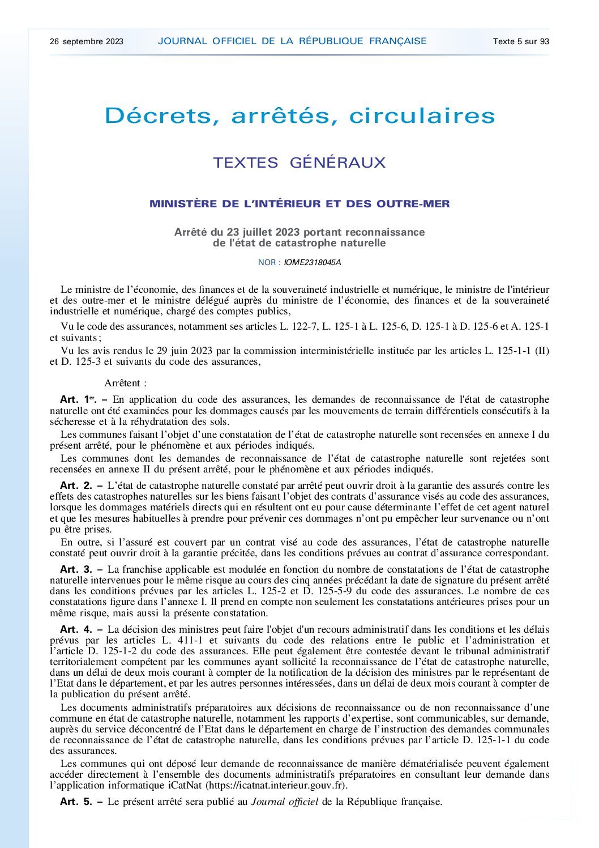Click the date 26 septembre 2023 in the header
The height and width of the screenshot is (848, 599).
[x=87, y=41]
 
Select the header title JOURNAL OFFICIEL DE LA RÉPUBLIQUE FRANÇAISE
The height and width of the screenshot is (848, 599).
[x=292, y=41]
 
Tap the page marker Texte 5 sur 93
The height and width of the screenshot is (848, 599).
[x=521, y=41]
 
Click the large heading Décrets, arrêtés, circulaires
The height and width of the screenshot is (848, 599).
[x=300, y=116]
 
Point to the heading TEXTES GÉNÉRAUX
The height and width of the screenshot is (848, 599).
[x=299, y=163]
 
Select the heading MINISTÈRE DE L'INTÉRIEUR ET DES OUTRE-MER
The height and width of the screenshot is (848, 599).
[x=299, y=204]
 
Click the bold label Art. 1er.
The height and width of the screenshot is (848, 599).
[x=78, y=399]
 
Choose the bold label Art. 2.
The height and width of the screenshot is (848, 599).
[x=76, y=485]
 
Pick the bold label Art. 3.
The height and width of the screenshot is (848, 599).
[x=76, y=569]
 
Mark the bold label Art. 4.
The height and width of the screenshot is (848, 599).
[x=76, y=629]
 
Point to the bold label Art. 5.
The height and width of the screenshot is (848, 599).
[x=76, y=802]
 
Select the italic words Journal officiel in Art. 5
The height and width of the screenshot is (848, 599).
[x=285, y=802]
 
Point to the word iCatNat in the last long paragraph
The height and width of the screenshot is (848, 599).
[x=185, y=786]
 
